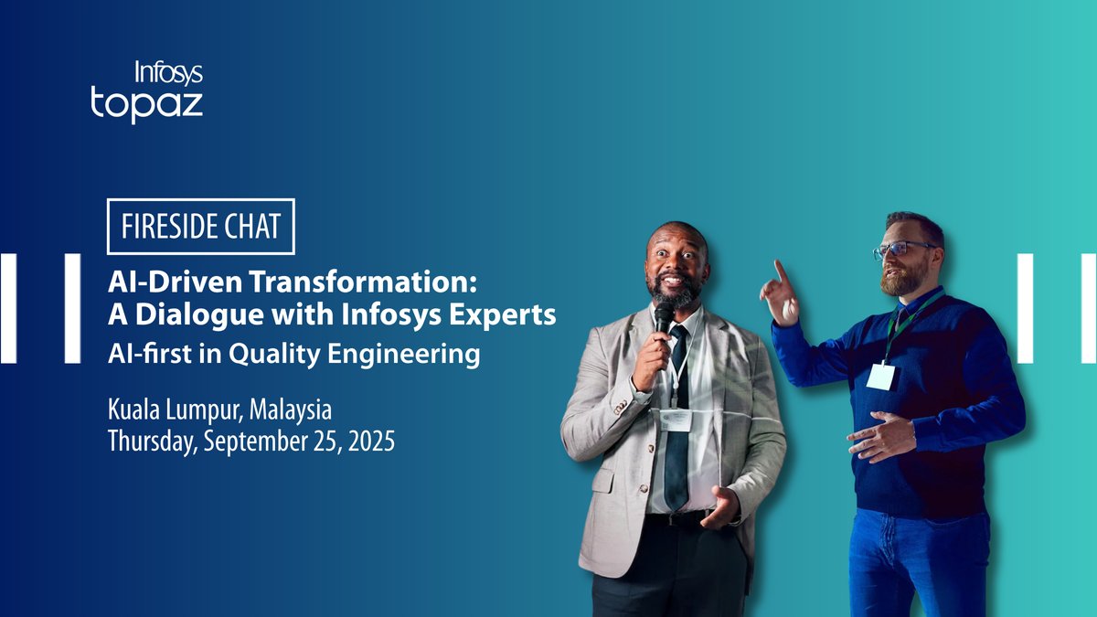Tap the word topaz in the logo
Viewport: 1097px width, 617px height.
pos(146,103)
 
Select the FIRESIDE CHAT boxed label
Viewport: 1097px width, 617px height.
pos(201,226)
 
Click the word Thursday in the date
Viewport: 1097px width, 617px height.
pos(153,441)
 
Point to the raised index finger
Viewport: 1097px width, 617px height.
pos(780,271)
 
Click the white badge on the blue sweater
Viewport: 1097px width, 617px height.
pos(880,376)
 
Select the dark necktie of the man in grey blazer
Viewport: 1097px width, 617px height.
pos(676,420)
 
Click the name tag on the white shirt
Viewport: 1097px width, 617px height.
pos(676,419)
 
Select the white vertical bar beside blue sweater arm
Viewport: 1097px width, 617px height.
pos(1025,307)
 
